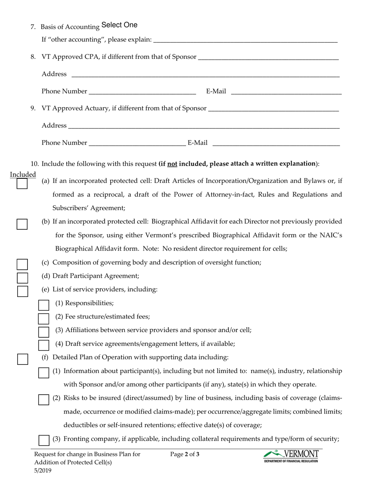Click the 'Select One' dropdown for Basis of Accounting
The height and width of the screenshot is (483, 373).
pyautogui.click(x=119, y=25)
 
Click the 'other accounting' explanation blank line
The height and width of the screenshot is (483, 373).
pyautogui.click(x=245, y=40)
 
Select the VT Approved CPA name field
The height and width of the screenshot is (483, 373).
pyautogui.click(x=269, y=57)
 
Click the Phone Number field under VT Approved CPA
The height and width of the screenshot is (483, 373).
pyautogui.click(x=142, y=91)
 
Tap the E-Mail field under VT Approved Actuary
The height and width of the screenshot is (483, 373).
pyautogui.click(x=276, y=143)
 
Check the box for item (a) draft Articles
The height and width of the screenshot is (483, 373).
pyautogui.click(x=22, y=184)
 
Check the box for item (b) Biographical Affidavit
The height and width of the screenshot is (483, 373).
pyautogui.click(x=22, y=224)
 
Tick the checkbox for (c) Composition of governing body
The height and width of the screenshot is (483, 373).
pyautogui.click(x=22, y=264)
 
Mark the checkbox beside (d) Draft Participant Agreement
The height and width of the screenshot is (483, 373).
pyautogui.click(x=22, y=278)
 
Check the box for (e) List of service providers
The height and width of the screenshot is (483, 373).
pyautogui.click(x=22, y=291)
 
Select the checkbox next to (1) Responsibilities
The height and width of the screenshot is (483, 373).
pyautogui.click(x=44, y=305)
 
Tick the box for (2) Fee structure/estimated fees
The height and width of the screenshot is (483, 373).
pyautogui.click(x=44, y=318)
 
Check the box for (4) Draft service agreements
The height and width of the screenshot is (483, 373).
pyautogui.click(x=44, y=345)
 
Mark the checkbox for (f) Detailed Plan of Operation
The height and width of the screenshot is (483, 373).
pyautogui.click(x=22, y=359)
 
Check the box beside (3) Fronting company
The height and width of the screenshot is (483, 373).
pyautogui.click(x=44, y=440)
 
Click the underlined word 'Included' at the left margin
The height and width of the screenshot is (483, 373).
pyautogui.click(x=23, y=174)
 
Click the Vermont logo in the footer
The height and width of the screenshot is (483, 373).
pyautogui.click(x=291, y=456)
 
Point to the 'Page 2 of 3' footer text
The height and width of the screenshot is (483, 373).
pyautogui.click(x=185, y=455)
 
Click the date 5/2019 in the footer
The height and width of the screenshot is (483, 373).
pyautogui.click(x=42, y=470)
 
